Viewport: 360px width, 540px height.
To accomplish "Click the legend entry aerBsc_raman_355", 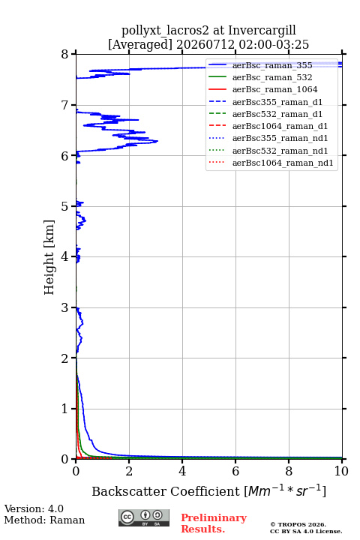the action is coord(272,65).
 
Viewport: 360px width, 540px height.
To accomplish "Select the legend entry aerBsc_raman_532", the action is coord(272,77).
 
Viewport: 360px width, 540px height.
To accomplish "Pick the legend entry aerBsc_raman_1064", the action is coord(275,89).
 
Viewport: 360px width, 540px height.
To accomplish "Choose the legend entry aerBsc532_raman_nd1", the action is coord(280,151).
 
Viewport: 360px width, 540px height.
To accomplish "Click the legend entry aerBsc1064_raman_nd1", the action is coord(283,163).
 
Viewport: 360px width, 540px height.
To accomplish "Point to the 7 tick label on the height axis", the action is coord(64,105).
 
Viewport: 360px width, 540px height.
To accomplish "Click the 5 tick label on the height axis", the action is coord(64,206).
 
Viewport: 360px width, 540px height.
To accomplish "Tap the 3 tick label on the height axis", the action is coord(64,307).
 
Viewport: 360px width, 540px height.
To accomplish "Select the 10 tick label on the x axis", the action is coord(341,471).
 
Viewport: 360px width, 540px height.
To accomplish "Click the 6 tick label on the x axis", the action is coord(235,471).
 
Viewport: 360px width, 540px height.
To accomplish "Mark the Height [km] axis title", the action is coord(49,257).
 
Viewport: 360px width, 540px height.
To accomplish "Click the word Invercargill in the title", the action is coord(262,31).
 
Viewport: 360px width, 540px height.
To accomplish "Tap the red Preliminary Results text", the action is coord(214,523).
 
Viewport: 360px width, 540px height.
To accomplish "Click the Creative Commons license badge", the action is coord(144,518).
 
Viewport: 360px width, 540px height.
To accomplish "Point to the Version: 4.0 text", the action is coord(34,508).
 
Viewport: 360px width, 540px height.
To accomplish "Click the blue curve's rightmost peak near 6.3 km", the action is coord(157,141).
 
